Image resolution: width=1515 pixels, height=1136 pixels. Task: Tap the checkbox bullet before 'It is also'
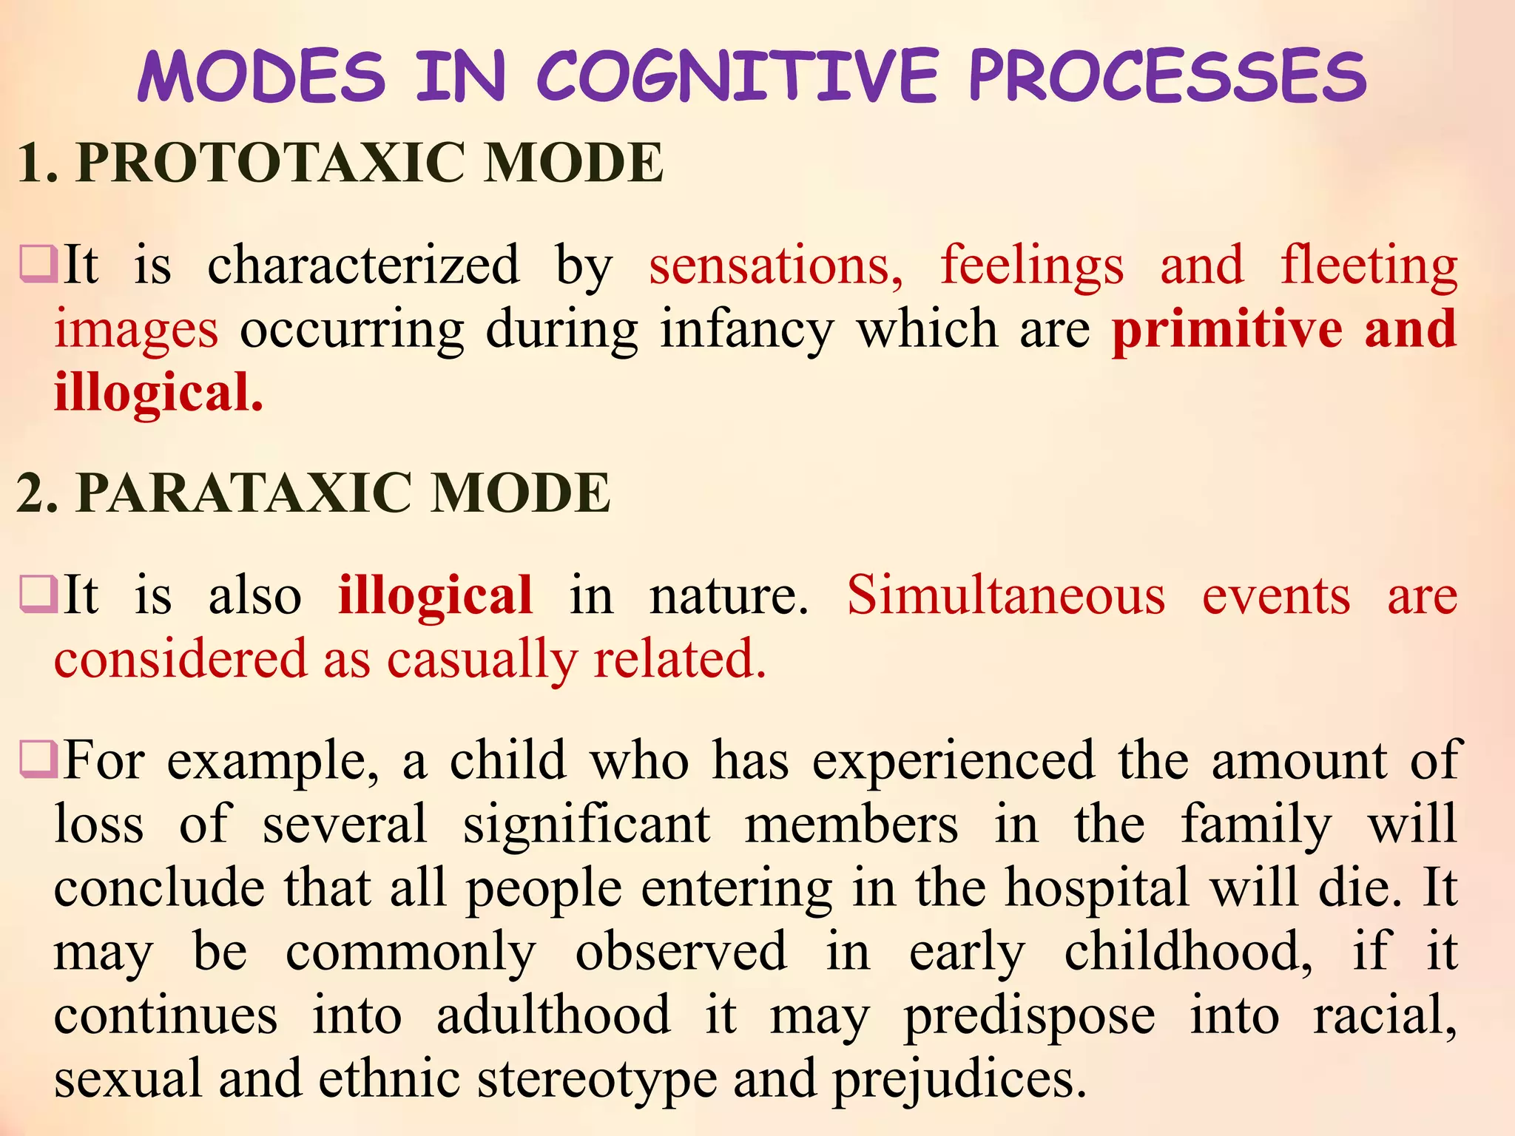pos(38,595)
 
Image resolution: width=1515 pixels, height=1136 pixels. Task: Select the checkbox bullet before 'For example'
pos(38,760)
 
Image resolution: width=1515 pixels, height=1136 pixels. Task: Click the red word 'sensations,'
pos(776,266)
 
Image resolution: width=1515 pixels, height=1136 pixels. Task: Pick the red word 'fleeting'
pos(1369,266)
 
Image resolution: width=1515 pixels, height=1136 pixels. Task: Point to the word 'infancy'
pos(747,329)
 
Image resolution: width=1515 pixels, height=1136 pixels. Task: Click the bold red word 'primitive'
pos(1226,329)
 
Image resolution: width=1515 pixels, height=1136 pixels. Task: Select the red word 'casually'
pos(482,659)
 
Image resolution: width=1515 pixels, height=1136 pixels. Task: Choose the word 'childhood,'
pos(1188,951)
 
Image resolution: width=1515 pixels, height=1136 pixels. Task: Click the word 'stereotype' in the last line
pos(597,1078)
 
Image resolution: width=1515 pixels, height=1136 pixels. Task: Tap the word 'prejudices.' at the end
pos(959,1078)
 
